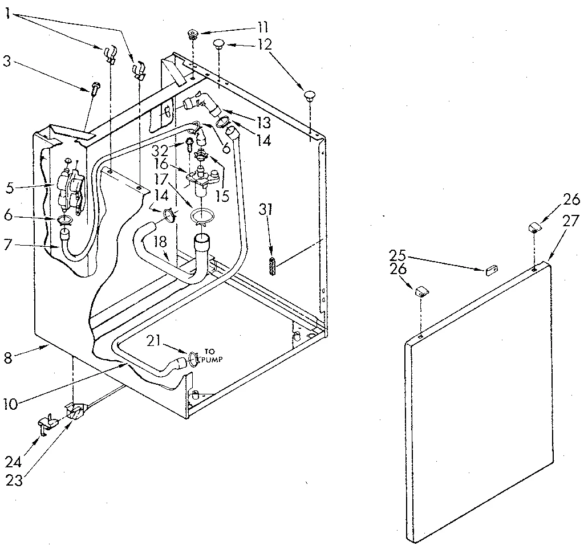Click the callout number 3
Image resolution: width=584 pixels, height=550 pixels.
[6, 60]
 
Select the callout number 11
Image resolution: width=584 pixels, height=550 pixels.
[262, 27]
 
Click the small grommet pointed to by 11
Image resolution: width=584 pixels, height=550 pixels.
[193, 35]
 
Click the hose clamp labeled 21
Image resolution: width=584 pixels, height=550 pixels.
[192, 358]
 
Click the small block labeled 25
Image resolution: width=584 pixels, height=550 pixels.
[492, 270]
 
